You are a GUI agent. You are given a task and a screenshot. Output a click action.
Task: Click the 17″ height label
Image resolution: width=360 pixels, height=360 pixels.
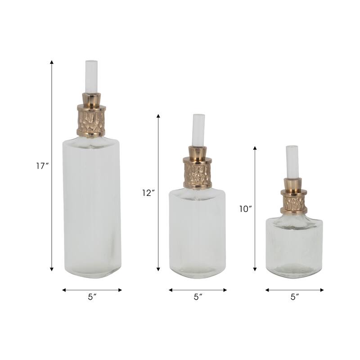pos(42,166)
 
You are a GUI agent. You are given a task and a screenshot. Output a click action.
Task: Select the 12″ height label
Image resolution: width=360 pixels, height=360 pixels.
pos(148,193)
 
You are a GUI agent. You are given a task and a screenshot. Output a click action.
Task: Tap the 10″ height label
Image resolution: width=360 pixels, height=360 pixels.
pos(245,209)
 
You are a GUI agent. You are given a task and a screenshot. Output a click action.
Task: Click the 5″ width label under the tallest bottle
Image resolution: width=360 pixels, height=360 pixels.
pos(92,297)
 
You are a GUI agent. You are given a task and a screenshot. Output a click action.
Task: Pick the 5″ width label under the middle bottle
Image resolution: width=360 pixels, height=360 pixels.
pos(198,297)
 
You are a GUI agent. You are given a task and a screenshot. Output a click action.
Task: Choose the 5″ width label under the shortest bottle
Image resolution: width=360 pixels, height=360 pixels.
pos(295,297)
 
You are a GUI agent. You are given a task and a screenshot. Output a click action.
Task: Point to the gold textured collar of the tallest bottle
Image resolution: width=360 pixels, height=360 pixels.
pos(91,121)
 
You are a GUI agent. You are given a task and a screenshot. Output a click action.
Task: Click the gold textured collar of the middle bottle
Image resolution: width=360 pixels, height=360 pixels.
pos(198,173)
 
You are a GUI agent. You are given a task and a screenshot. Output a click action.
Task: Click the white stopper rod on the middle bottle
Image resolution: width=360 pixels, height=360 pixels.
pos(198,130)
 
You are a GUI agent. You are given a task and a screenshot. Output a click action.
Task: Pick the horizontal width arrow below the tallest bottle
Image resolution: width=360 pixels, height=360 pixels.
pos(92,290)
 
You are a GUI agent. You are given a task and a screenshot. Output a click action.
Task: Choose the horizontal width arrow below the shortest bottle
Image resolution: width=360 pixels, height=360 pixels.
pos(295,290)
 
